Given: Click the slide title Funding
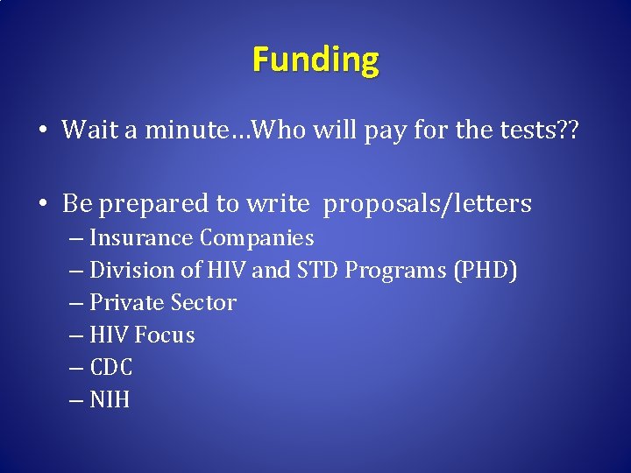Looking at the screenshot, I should (315, 60).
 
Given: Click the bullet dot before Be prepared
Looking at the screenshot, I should (43, 205).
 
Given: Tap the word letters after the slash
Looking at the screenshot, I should (488, 203).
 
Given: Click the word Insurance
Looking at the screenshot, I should (141, 238).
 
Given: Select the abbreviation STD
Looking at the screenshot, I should (317, 271).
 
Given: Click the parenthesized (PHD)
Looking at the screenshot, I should (485, 271).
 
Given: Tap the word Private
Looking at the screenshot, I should (126, 303).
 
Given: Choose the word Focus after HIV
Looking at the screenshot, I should (166, 335).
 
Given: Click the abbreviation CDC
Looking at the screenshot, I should (111, 368).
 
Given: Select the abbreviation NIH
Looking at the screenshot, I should (110, 400).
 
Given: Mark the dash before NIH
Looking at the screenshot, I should (76, 400).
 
